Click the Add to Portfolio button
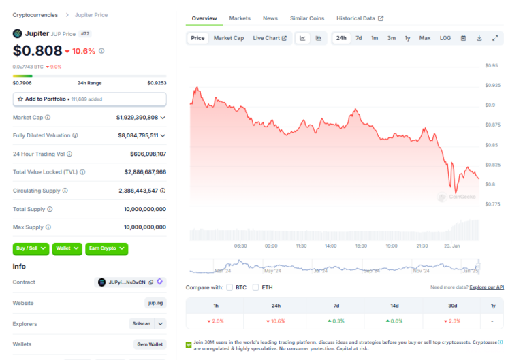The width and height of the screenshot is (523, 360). (x=89, y=99)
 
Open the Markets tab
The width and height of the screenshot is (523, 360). (x=240, y=18)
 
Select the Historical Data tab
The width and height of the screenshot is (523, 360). (x=360, y=18)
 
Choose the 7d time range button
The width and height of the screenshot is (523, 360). (x=359, y=38)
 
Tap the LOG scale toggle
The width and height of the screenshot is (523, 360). (x=445, y=38)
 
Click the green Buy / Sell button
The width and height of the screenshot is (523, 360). (x=31, y=248)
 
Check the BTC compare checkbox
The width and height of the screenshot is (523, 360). (x=230, y=287)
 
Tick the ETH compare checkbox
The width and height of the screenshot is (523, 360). (x=255, y=287)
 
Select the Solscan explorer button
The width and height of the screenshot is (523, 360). (x=142, y=324)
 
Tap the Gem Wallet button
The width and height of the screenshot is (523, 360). (x=150, y=345)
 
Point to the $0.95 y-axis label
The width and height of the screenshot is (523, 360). (x=492, y=66)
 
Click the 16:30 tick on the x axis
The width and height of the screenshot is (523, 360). (x=361, y=246)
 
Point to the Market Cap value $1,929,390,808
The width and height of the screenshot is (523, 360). (x=137, y=118)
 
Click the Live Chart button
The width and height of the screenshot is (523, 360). (x=270, y=38)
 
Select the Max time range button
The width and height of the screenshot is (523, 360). (x=424, y=38)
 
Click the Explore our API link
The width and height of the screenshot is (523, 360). (x=487, y=287)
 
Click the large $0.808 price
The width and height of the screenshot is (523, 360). (x=37, y=50)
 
